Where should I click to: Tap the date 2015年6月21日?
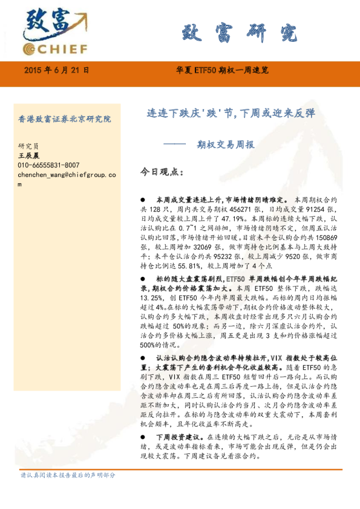click(56, 70)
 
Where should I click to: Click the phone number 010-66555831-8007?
click(48, 165)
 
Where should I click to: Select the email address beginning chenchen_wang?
click(67, 175)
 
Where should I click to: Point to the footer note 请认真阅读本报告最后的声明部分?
click(68, 475)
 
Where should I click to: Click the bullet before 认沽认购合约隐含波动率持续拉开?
click(143, 358)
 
